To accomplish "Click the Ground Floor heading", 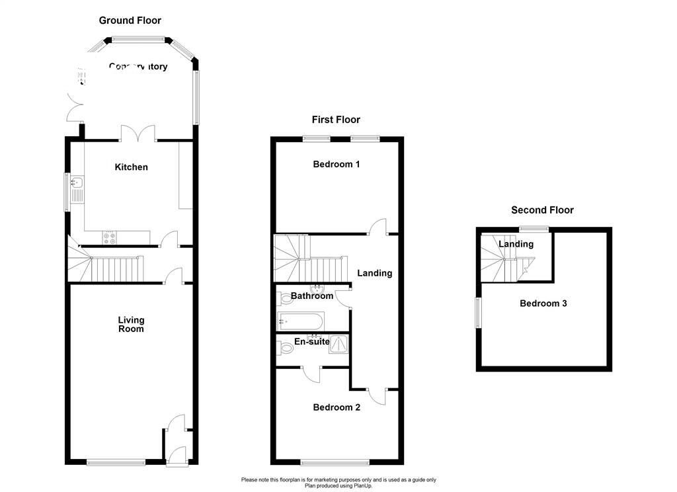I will [x=130, y=20].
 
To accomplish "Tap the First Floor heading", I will [x=336, y=120].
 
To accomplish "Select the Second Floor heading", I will [x=542, y=210].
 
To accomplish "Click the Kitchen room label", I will [x=132, y=167].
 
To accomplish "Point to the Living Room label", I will [x=131, y=324].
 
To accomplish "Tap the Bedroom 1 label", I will [x=336, y=164].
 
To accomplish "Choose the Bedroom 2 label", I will [x=337, y=407].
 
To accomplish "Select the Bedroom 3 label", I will [x=543, y=304].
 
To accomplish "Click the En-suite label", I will [x=311, y=342].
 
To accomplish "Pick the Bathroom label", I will [x=312, y=296].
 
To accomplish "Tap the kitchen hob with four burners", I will [x=109, y=237].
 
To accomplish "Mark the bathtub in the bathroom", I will [x=301, y=321].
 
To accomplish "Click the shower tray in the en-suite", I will [x=340, y=344].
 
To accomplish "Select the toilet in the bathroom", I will [x=285, y=298].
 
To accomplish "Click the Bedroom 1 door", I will [x=379, y=227].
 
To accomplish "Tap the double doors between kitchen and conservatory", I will [x=138, y=133].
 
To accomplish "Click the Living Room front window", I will [x=116, y=462].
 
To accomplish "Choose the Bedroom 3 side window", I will [x=479, y=311].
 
